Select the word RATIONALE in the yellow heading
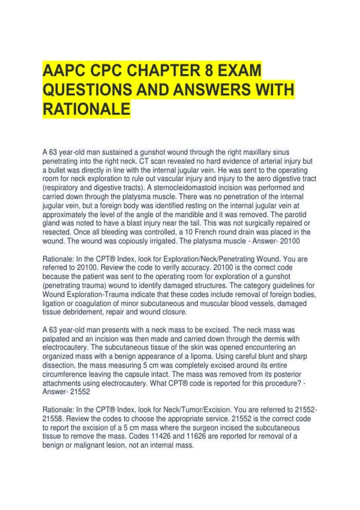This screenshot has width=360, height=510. pos(86,109)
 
